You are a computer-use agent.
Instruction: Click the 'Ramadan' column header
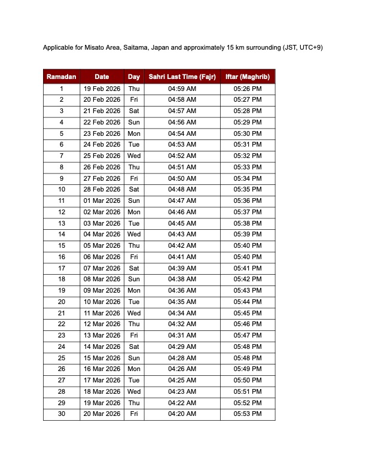tap(61, 77)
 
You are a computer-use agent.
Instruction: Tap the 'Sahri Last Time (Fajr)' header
tap(182, 77)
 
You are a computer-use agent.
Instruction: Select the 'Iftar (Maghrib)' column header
tap(248, 77)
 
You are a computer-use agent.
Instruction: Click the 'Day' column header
tap(134, 77)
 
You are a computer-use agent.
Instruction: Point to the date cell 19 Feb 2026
tap(102, 89)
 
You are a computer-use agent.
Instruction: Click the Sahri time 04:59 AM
tap(182, 89)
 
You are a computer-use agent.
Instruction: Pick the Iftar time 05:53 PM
tap(248, 414)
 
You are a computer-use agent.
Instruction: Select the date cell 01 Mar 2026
tap(102, 201)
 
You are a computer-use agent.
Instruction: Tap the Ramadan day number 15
tap(62, 246)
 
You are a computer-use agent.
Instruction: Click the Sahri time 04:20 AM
tap(182, 414)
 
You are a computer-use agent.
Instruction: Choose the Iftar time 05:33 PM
tap(248, 168)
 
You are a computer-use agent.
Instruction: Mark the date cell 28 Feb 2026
tap(102, 190)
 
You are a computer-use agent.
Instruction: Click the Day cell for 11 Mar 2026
tap(134, 313)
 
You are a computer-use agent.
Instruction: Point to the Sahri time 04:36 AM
tap(182, 291)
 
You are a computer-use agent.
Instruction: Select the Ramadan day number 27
tap(62, 381)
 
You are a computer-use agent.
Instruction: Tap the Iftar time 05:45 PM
tap(248, 313)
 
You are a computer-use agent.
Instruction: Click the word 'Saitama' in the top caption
tap(137, 47)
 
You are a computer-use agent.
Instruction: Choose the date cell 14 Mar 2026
tap(102, 347)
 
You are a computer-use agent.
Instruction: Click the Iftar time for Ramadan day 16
tap(248, 257)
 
